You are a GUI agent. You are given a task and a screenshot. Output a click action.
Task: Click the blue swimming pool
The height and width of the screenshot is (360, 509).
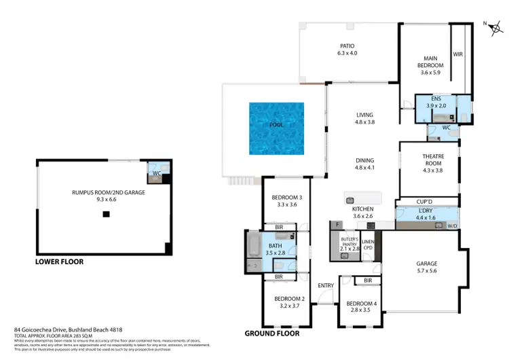(276, 127)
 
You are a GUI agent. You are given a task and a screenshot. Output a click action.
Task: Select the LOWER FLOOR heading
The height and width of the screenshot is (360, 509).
(60, 261)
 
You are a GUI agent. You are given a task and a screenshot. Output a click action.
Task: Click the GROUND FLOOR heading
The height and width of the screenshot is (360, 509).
(273, 334)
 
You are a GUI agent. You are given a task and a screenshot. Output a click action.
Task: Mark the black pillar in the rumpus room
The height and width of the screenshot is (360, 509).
(105, 215)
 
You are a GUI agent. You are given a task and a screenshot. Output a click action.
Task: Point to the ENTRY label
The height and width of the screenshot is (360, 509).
(326, 285)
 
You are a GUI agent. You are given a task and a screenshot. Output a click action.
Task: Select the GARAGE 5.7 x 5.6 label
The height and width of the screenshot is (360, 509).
(427, 267)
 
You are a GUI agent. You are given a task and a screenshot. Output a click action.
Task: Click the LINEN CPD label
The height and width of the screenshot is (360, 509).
(368, 245)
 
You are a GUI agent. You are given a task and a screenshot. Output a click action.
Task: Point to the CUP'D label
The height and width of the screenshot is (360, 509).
(426, 202)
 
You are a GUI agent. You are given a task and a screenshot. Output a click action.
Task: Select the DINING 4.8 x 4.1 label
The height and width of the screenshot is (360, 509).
(364, 164)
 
